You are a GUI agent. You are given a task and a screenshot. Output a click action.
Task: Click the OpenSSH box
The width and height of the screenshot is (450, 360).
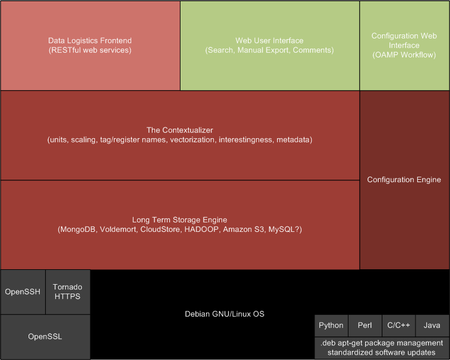[23, 292]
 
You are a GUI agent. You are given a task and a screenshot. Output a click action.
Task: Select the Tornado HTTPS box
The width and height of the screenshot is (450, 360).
[68, 292]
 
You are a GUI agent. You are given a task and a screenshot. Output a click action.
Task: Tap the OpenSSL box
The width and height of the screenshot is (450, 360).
[45, 337]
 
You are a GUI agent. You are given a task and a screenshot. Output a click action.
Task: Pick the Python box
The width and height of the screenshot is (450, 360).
[331, 326]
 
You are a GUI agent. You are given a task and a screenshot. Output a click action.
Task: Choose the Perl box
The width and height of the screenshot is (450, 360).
[365, 326]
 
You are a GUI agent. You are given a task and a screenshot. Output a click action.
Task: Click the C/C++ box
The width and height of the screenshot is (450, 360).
[398, 326]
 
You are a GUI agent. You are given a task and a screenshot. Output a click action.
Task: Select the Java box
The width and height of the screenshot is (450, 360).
[433, 326]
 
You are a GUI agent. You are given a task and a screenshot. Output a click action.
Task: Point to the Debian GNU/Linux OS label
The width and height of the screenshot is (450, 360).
[224, 314]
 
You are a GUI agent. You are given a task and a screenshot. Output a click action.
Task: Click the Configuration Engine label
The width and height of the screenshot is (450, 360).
[404, 180]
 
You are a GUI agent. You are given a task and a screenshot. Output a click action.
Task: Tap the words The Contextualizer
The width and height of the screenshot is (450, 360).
[180, 130]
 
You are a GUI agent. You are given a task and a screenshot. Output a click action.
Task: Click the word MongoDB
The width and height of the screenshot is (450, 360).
[78, 230]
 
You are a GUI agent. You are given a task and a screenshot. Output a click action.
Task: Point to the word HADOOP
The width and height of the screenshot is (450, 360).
[201, 230]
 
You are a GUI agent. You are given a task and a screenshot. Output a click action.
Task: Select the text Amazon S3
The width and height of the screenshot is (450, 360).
[243, 230]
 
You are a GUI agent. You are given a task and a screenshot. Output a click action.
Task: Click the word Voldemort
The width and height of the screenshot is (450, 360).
[118, 230]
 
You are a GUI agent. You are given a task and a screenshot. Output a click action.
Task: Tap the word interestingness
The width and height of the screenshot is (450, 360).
[245, 140]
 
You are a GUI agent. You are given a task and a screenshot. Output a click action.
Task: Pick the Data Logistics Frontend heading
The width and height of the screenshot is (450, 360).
[90, 41]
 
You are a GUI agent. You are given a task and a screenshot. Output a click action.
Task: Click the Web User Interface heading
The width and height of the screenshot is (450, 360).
[270, 41]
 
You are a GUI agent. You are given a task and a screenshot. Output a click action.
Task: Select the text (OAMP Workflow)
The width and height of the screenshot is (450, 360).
[404, 55]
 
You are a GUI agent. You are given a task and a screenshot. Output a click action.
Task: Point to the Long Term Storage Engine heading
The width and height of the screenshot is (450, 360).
[180, 220]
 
